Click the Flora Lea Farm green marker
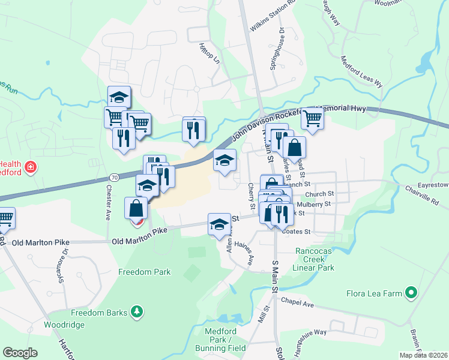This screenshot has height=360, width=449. pyautogui.click(x=411, y=293)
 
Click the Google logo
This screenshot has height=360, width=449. pyautogui.click(x=20, y=353)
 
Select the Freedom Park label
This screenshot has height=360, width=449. pyautogui.click(x=144, y=272)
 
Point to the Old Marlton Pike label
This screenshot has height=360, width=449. pyautogui.click(x=139, y=241)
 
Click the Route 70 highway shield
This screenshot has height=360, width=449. pyautogui.click(x=113, y=178)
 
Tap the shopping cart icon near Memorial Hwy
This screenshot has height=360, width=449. pyautogui.click(x=312, y=118)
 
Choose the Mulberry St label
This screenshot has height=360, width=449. pyautogui.click(x=318, y=203)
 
